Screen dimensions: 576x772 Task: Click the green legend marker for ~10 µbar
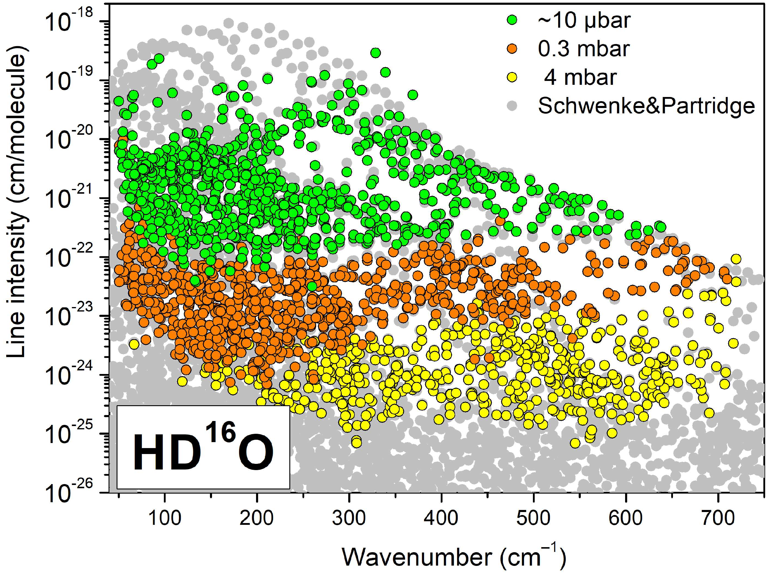512,21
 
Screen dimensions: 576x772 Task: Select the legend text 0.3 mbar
583,49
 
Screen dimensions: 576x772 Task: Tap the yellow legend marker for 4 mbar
512,77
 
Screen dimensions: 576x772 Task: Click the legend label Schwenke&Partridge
646,105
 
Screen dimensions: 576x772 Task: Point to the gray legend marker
512,105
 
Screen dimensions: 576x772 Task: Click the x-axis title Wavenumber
453,557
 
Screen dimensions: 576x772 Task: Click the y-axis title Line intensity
16,206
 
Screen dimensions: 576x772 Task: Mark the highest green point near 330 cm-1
375,53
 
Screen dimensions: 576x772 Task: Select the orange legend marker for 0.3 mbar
512,49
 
